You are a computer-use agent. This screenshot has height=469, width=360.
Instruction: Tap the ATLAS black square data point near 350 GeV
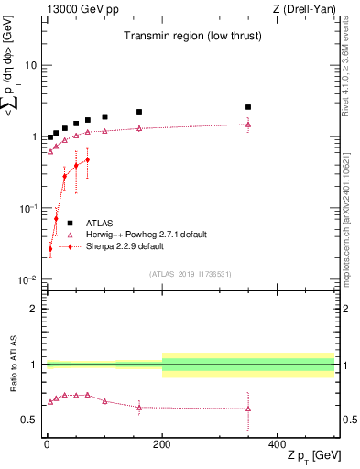[x=248, y=107]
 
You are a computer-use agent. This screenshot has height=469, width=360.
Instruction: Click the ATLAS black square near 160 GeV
[x=139, y=112]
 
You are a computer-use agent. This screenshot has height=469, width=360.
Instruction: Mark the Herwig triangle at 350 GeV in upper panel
[x=248, y=125]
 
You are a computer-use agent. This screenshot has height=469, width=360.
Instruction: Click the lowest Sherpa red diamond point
[x=50, y=248]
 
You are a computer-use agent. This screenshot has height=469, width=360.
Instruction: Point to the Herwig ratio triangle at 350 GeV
[x=248, y=409]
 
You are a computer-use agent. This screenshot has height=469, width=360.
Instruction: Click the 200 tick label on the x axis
[x=162, y=443]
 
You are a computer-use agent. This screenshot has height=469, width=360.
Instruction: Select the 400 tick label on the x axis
[x=278, y=443]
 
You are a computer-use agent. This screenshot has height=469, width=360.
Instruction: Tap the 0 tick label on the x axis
[x=47, y=443]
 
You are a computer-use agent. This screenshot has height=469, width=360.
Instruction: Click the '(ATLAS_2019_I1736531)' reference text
[x=189, y=274]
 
